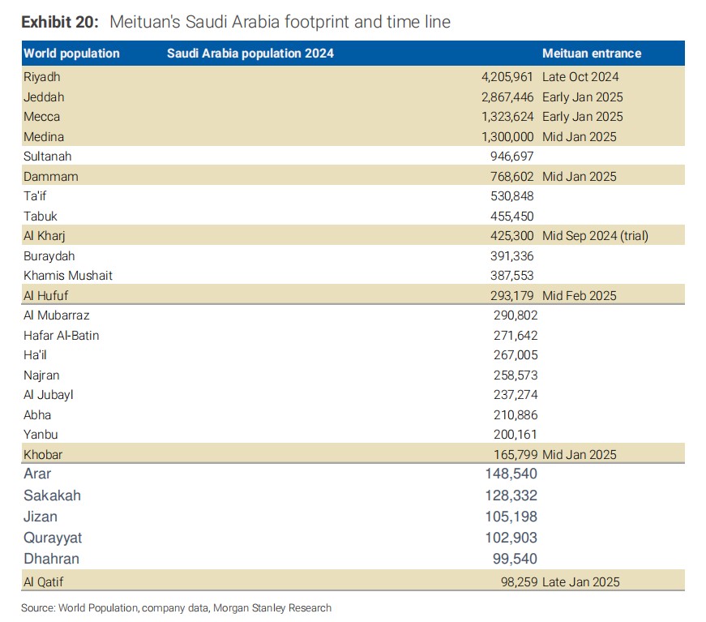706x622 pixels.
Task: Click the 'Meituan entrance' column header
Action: click(x=592, y=54)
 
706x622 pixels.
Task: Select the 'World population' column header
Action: click(x=71, y=54)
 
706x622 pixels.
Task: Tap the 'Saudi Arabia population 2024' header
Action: click(x=250, y=54)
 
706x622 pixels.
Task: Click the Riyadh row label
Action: click(x=42, y=77)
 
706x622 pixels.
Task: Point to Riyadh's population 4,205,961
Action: click(x=507, y=77)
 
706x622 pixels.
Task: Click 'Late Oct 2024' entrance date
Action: click(x=580, y=77)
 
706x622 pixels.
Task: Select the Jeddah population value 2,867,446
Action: click(x=507, y=97)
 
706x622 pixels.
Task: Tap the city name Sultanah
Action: click(x=47, y=157)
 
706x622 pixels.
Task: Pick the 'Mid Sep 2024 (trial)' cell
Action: click(x=595, y=235)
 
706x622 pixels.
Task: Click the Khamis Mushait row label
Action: click(x=68, y=275)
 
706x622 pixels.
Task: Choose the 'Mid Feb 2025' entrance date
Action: click(x=579, y=295)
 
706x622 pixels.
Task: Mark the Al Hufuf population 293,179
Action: click(x=512, y=295)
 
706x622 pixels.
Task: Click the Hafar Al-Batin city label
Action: click(x=62, y=335)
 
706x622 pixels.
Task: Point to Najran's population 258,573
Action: click(x=516, y=375)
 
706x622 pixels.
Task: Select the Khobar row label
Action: click(x=43, y=454)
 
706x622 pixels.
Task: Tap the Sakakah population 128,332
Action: click(x=511, y=495)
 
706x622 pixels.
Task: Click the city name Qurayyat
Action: click(x=53, y=538)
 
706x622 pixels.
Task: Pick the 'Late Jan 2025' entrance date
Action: click(x=581, y=582)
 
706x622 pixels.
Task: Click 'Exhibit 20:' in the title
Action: click(x=60, y=22)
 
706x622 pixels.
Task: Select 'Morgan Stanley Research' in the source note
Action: click(x=272, y=608)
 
